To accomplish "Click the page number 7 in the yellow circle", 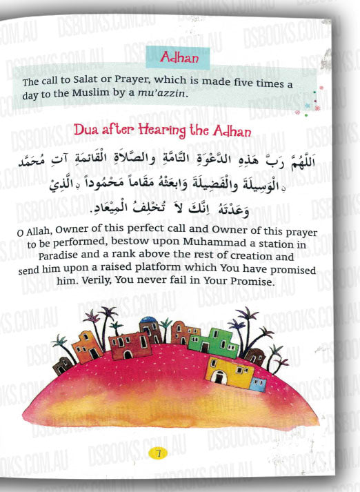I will click(x=158, y=454).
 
